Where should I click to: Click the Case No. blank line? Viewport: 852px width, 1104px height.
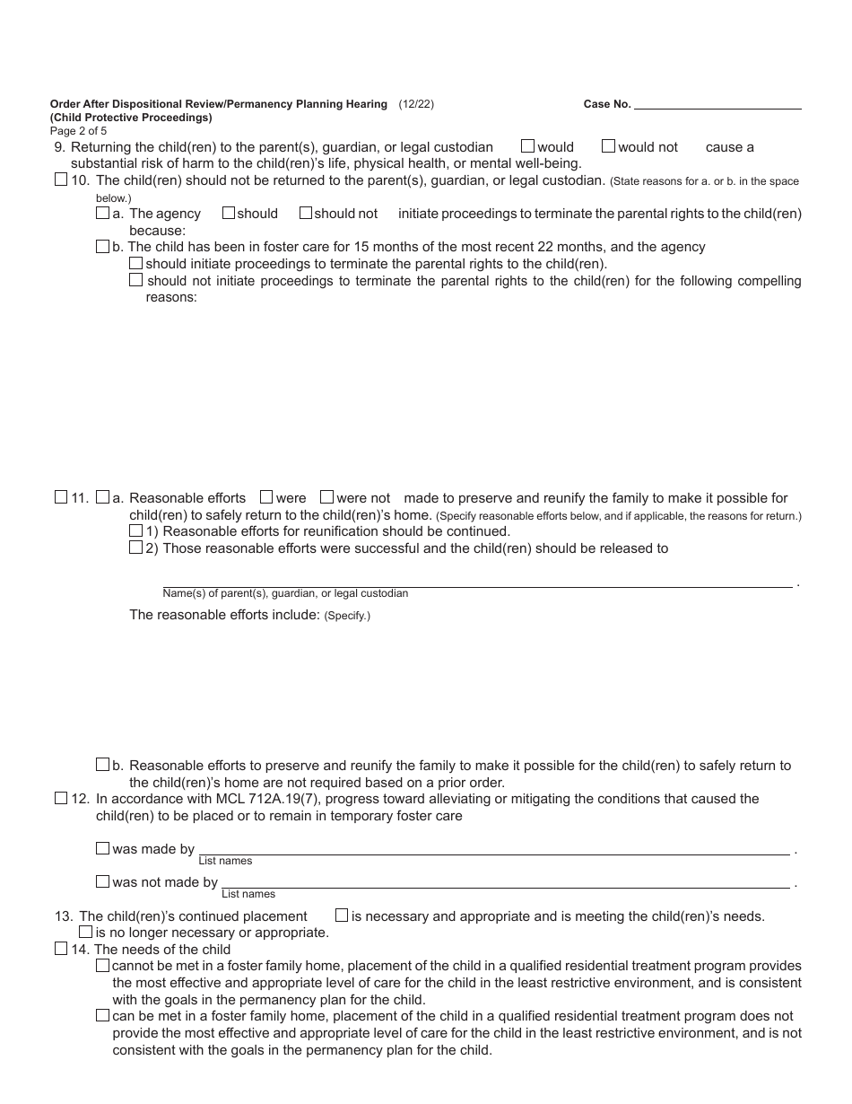tap(717, 104)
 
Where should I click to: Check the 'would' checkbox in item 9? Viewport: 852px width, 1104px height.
tap(527, 145)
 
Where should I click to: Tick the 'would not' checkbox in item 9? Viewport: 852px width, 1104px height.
tap(608, 145)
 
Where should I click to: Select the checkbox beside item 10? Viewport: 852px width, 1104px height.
tap(61, 180)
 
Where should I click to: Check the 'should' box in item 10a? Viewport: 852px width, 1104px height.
tap(228, 213)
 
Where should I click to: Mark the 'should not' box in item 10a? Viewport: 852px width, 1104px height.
tap(305, 213)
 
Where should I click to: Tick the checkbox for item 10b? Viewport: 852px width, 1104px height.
tap(102, 246)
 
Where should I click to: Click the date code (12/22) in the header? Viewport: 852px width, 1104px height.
tap(416, 104)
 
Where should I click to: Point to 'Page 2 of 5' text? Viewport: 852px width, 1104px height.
tap(79, 130)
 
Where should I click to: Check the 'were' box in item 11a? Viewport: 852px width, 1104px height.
tap(266, 496)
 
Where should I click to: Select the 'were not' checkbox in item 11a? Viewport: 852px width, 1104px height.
tap(326, 496)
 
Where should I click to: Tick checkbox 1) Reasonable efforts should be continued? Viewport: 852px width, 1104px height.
tap(136, 530)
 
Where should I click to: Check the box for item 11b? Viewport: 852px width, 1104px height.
tap(102, 765)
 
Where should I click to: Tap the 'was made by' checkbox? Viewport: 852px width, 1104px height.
tap(102, 848)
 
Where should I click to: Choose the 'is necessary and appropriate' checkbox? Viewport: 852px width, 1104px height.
tap(342, 916)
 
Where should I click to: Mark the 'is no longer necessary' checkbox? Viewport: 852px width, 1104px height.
tap(86, 932)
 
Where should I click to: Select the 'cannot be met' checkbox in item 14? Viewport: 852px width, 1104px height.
tap(102, 966)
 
